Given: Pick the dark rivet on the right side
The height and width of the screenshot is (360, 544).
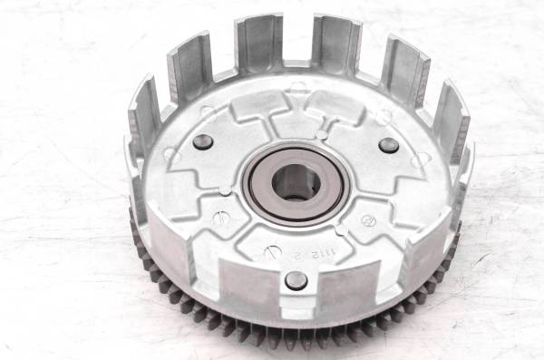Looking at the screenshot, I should pyautogui.click(x=389, y=146).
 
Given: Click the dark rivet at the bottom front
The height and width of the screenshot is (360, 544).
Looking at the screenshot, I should pyautogui.click(x=296, y=279).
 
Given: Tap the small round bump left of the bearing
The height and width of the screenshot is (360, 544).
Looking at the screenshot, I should pyautogui.click(x=224, y=189).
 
